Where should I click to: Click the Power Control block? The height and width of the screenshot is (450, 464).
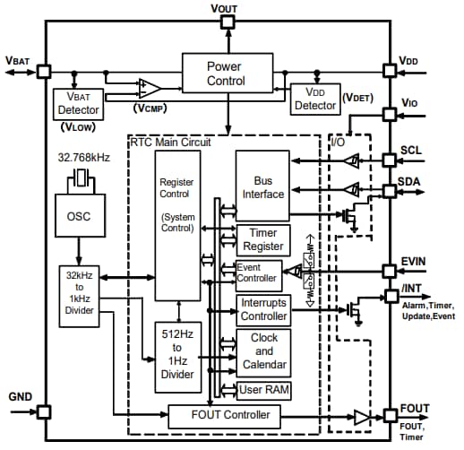click(x=227, y=74)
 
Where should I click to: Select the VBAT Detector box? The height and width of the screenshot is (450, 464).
click(x=78, y=105)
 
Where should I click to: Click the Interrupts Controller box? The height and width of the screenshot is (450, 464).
click(x=263, y=309)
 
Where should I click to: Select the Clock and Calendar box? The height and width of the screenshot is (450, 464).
click(x=263, y=352)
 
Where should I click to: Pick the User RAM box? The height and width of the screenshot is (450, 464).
click(x=263, y=390)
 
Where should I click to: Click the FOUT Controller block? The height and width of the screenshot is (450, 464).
click(x=224, y=415)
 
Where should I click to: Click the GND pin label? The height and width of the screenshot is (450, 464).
click(x=20, y=395)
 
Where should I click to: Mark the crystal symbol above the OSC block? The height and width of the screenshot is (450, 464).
click(x=80, y=180)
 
